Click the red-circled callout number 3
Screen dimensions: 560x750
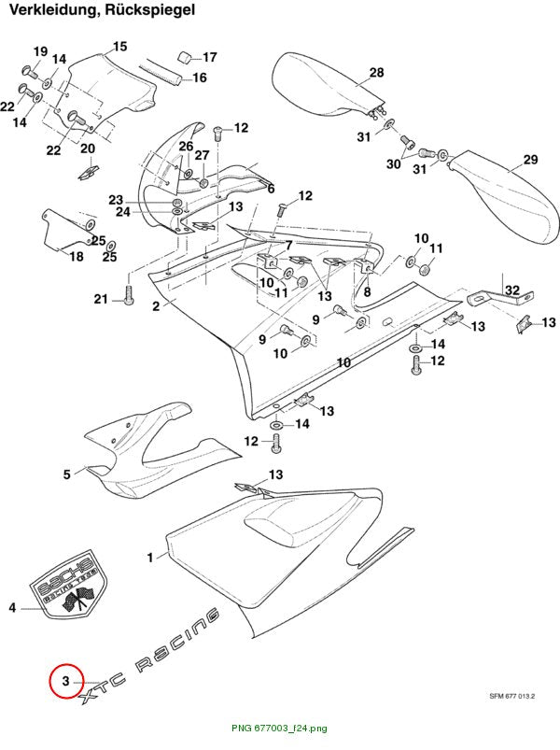[x=66, y=680]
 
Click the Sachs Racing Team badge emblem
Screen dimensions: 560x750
[x=70, y=585]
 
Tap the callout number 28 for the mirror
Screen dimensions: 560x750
[x=376, y=72]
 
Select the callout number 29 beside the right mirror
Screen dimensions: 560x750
[x=530, y=160]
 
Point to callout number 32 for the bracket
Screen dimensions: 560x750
[x=512, y=290]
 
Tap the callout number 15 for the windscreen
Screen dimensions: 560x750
[x=119, y=47]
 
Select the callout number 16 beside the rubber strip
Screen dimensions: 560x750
[x=199, y=78]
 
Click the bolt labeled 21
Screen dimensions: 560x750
[x=129, y=293]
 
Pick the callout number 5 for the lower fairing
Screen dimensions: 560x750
[x=67, y=474]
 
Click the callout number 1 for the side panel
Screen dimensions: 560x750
[x=150, y=558]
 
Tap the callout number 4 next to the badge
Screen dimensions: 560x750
[x=12, y=607]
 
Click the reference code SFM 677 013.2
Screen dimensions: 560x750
[x=511, y=696]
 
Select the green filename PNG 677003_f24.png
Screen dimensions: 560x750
[x=279, y=729]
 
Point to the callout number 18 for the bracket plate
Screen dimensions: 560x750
[x=77, y=257]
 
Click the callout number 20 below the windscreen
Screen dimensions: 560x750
[x=88, y=149]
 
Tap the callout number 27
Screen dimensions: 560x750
[x=203, y=155]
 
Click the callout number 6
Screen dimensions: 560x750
[x=271, y=189]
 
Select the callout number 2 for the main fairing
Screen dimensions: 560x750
[x=156, y=306]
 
